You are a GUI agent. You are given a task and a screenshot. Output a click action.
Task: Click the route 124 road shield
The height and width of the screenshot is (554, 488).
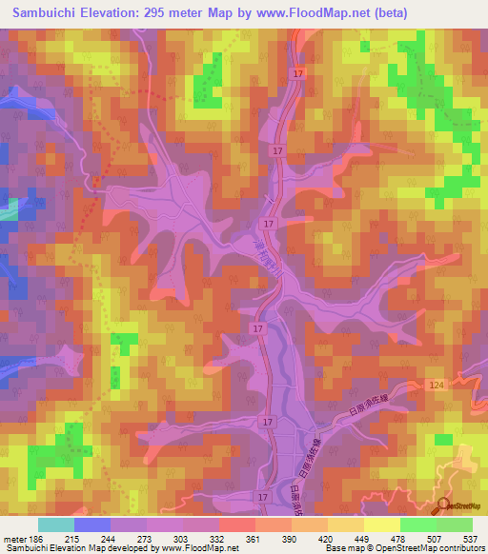pyautogui.click(x=437, y=383)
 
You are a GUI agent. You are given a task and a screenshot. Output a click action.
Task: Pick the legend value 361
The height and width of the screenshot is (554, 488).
pyautogui.click(x=253, y=538)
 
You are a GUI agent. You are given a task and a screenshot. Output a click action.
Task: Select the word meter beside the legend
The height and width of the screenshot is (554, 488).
pyautogui.click(x=13, y=538)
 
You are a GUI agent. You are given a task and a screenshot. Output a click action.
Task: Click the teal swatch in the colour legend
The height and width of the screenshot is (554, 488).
pyautogui.click(x=56, y=524)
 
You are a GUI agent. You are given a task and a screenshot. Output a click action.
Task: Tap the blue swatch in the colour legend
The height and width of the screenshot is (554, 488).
pyautogui.click(x=92, y=524)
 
